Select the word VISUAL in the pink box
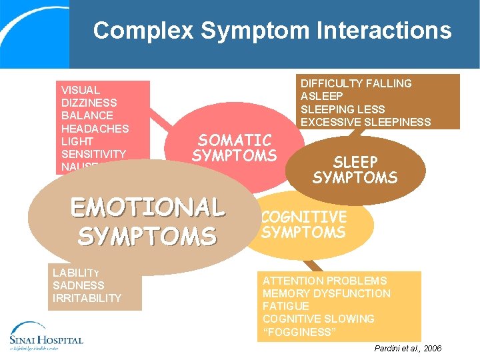[x=81, y=90]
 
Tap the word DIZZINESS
[x=89, y=103]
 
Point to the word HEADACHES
[x=95, y=128]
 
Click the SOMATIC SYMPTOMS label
[x=234, y=148]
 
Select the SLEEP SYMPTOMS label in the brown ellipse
[x=355, y=170]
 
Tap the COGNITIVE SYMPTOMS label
[x=304, y=225]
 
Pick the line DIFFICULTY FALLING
[x=356, y=83]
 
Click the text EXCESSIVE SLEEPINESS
[x=365, y=122]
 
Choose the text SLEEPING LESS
[x=343, y=109]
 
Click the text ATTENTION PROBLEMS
[x=325, y=281]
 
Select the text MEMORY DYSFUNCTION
[x=327, y=293]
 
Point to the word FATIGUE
[x=286, y=306]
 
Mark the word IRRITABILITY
[x=87, y=298]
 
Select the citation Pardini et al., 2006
[x=407, y=349]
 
